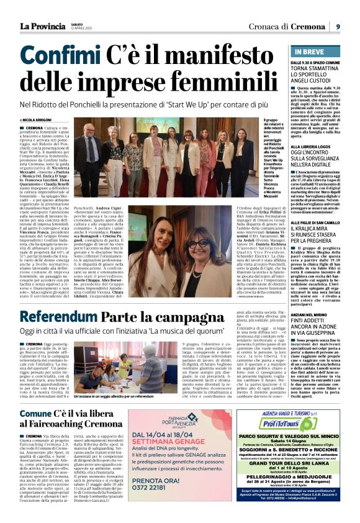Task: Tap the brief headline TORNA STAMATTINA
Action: [317, 71]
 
